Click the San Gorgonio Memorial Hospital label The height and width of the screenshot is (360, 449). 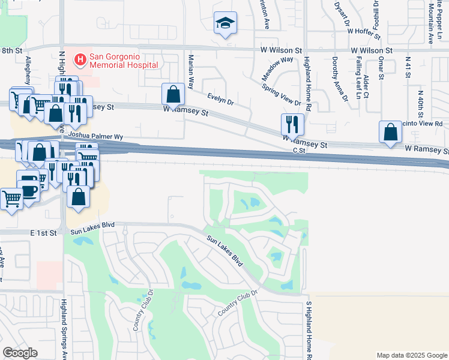click(124, 61)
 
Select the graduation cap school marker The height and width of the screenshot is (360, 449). click(226, 23)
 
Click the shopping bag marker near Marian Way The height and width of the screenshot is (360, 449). click(173, 94)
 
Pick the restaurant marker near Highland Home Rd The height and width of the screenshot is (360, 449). click(292, 124)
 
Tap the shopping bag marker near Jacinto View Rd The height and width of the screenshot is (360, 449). click(390, 131)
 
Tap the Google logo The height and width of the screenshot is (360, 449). click(20, 353)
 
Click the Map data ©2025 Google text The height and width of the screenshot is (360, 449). click(412, 355)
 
